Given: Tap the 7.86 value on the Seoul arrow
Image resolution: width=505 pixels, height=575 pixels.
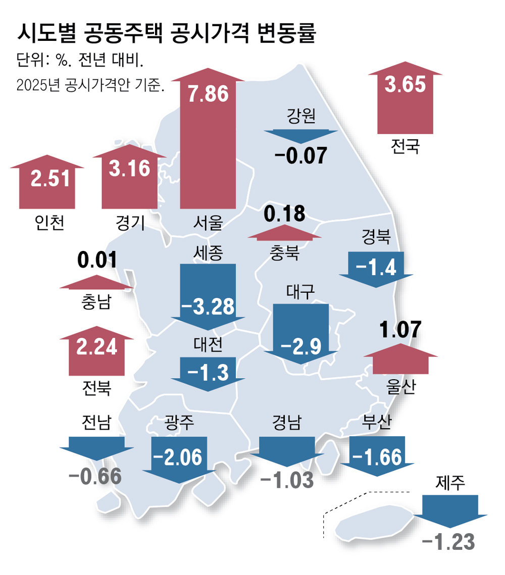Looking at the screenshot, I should [x=208, y=93].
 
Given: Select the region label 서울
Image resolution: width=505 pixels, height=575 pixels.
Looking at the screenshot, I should [x=208, y=222].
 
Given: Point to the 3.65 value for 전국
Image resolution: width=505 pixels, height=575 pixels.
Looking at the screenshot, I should [x=405, y=84].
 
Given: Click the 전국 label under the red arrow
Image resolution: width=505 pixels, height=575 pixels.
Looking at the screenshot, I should [x=405, y=147].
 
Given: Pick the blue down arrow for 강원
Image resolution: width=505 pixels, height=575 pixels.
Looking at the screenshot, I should [x=301, y=137].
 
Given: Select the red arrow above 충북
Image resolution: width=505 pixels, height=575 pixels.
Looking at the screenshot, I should [x=284, y=233].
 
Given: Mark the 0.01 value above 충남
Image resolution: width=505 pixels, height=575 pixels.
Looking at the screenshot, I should [x=97, y=261].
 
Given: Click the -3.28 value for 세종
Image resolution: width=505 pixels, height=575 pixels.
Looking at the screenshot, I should [x=208, y=306].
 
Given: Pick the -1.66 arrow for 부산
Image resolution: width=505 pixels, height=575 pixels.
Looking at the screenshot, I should [x=377, y=456].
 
